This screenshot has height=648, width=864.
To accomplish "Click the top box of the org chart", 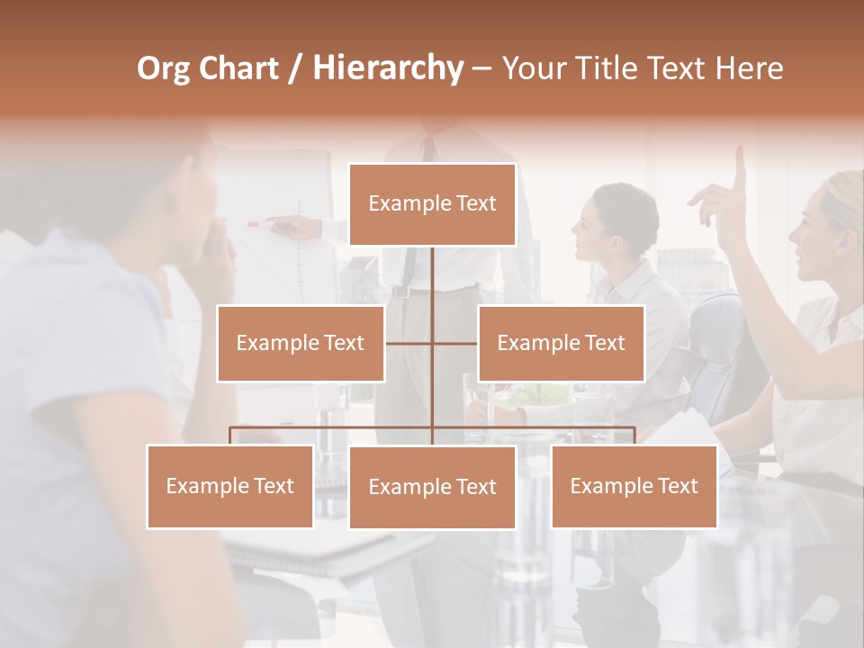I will point(432,204).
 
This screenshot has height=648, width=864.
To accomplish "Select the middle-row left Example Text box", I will point(300,343).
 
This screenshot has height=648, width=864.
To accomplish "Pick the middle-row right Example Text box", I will point(561,343).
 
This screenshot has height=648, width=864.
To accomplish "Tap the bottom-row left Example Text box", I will point(229,486).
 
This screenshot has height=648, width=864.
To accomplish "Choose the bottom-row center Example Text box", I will point(432,487).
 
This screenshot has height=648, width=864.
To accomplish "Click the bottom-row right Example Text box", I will point(634,486).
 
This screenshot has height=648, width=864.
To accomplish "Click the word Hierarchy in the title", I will point(388,68).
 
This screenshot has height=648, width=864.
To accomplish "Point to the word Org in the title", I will point(163,68).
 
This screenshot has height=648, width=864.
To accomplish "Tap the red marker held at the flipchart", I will point(254,223).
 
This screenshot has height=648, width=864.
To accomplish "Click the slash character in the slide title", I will point(295,68).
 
